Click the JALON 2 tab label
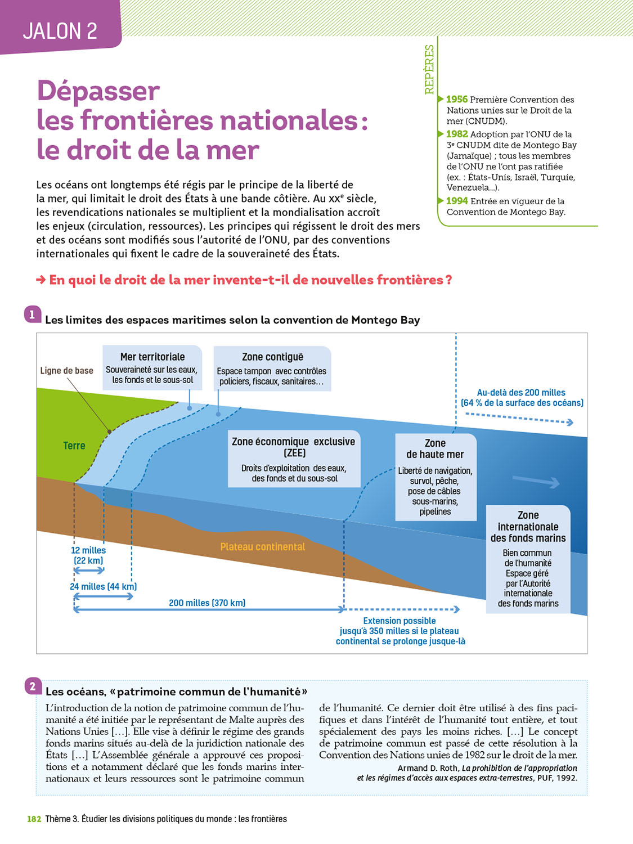click(x=60, y=31)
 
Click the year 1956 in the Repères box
click(x=457, y=100)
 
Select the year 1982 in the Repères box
click(x=457, y=134)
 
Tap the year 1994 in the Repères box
click(x=457, y=201)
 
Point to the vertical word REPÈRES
click(x=429, y=69)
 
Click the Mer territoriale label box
click(x=152, y=367)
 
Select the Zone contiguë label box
click(x=272, y=369)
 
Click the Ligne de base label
click(x=66, y=371)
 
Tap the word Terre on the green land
click(x=74, y=446)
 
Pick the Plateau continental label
click(x=262, y=547)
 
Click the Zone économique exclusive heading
click(x=293, y=447)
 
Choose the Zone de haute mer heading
click(x=435, y=448)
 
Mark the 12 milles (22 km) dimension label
click(x=88, y=555)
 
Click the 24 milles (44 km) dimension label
click(x=103, y=586)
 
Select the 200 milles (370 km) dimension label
click(x=207, y=603)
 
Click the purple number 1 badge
click(x=32, y=315)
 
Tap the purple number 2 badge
click(x=33, y=686)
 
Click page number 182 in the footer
click(x=34, y=819)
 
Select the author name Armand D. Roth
click(x=428, y=768)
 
